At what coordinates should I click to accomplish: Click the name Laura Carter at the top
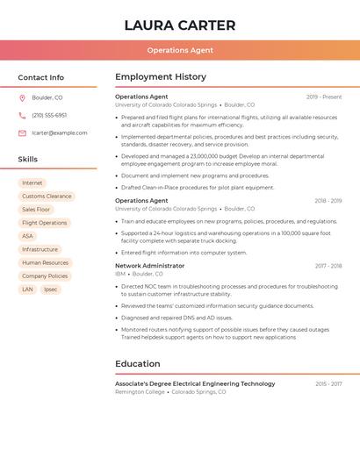tap(180, 25)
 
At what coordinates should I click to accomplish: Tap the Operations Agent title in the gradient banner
tap(180, 50)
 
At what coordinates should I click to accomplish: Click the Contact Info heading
tap(41, 77)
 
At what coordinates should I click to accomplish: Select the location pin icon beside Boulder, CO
tap(22, 97)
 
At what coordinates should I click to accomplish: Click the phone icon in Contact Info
tap(22, 115)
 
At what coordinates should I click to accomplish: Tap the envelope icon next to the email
tap(22, 132)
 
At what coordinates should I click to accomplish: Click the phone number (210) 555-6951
tap(49, 115)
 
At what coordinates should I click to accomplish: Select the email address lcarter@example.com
tap(60, 132)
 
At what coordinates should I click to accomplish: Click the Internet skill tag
tap(32, 183)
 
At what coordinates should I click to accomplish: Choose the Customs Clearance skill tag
tap(47, 197)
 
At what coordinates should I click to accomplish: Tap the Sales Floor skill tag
tap(36, 210)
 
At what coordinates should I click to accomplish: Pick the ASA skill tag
tap(27, 236)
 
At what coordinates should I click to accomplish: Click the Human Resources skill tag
tap(45, 262)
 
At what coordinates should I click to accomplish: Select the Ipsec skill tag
tap(50, 289)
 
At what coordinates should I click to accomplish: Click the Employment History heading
tap(161, 77)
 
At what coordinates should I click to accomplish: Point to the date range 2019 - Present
tap(324, 97)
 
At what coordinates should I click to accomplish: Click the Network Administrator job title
tap(150, 265)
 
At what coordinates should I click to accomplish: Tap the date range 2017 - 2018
tap(328, 265)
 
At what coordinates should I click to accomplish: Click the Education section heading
tap(138, 363)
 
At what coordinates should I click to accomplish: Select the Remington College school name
tap(140, 391)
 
